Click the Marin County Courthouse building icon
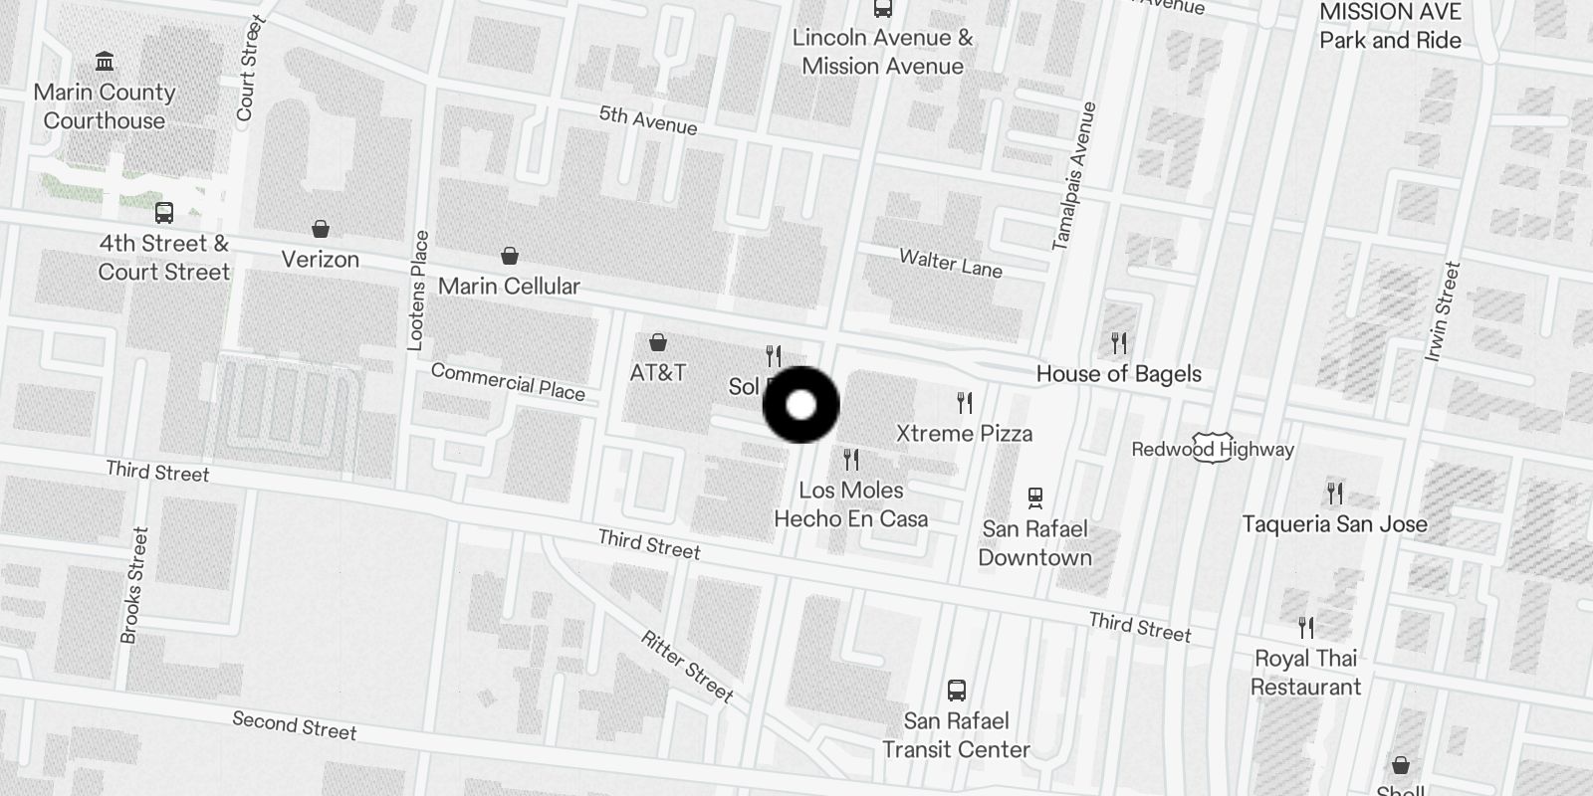point(105,63)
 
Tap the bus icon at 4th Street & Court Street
point(164,213)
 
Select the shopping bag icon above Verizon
point(321,230)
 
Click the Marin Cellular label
point(509,287)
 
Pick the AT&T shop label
point(658,373)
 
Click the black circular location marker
point(801,405)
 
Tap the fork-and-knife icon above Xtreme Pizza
point(964,403)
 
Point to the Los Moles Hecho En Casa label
point(851,504)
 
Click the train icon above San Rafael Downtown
point(1035,497)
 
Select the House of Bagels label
point(1119,374)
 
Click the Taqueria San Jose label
point(1334,524)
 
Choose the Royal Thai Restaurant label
point(1305,673)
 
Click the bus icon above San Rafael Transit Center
point(957,690)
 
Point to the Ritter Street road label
point(687,667)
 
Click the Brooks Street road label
point(134,585)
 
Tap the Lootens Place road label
point(418,291)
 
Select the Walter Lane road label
point(951,263)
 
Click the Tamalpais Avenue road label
point(1073,176)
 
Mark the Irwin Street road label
point(1443,310)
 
